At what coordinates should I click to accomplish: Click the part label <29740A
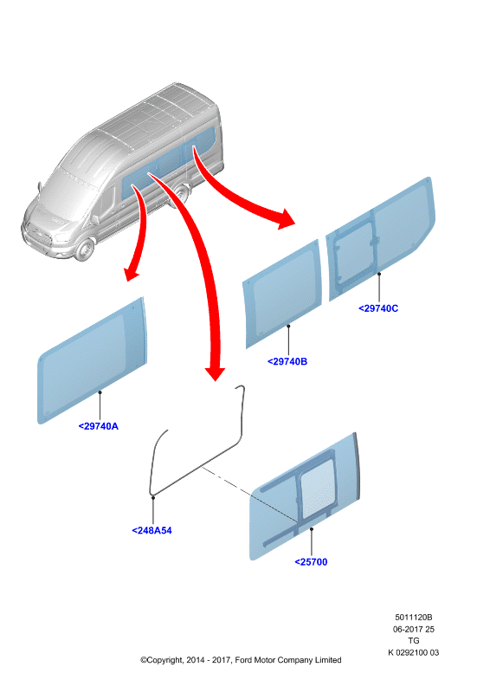[x=99, y=426]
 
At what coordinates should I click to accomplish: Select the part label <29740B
[x=287, y=361]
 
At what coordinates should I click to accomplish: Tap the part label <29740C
[x=378, y=308]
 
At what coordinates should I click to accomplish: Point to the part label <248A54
[x=152, y=530]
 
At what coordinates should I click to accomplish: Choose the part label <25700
[x=311, y=562]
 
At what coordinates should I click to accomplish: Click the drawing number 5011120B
[x=414, y=617]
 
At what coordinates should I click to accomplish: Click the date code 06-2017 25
[x=414, y=629]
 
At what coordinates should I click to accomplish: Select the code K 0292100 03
[x=414, y=652]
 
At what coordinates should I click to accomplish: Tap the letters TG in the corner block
[x=414, y=640]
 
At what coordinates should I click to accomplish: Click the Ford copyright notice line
[x=241, y=660]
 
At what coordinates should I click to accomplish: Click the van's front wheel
[x=84, y=249]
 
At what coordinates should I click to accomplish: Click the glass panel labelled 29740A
[x=92, y=360]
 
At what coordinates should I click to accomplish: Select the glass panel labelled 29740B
[x=282, y=294]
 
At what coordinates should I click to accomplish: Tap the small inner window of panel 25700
[x=317, y=488]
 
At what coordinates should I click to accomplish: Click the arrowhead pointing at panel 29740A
[x=131, y=273]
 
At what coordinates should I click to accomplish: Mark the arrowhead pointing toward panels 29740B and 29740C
[x=285, y=219]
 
